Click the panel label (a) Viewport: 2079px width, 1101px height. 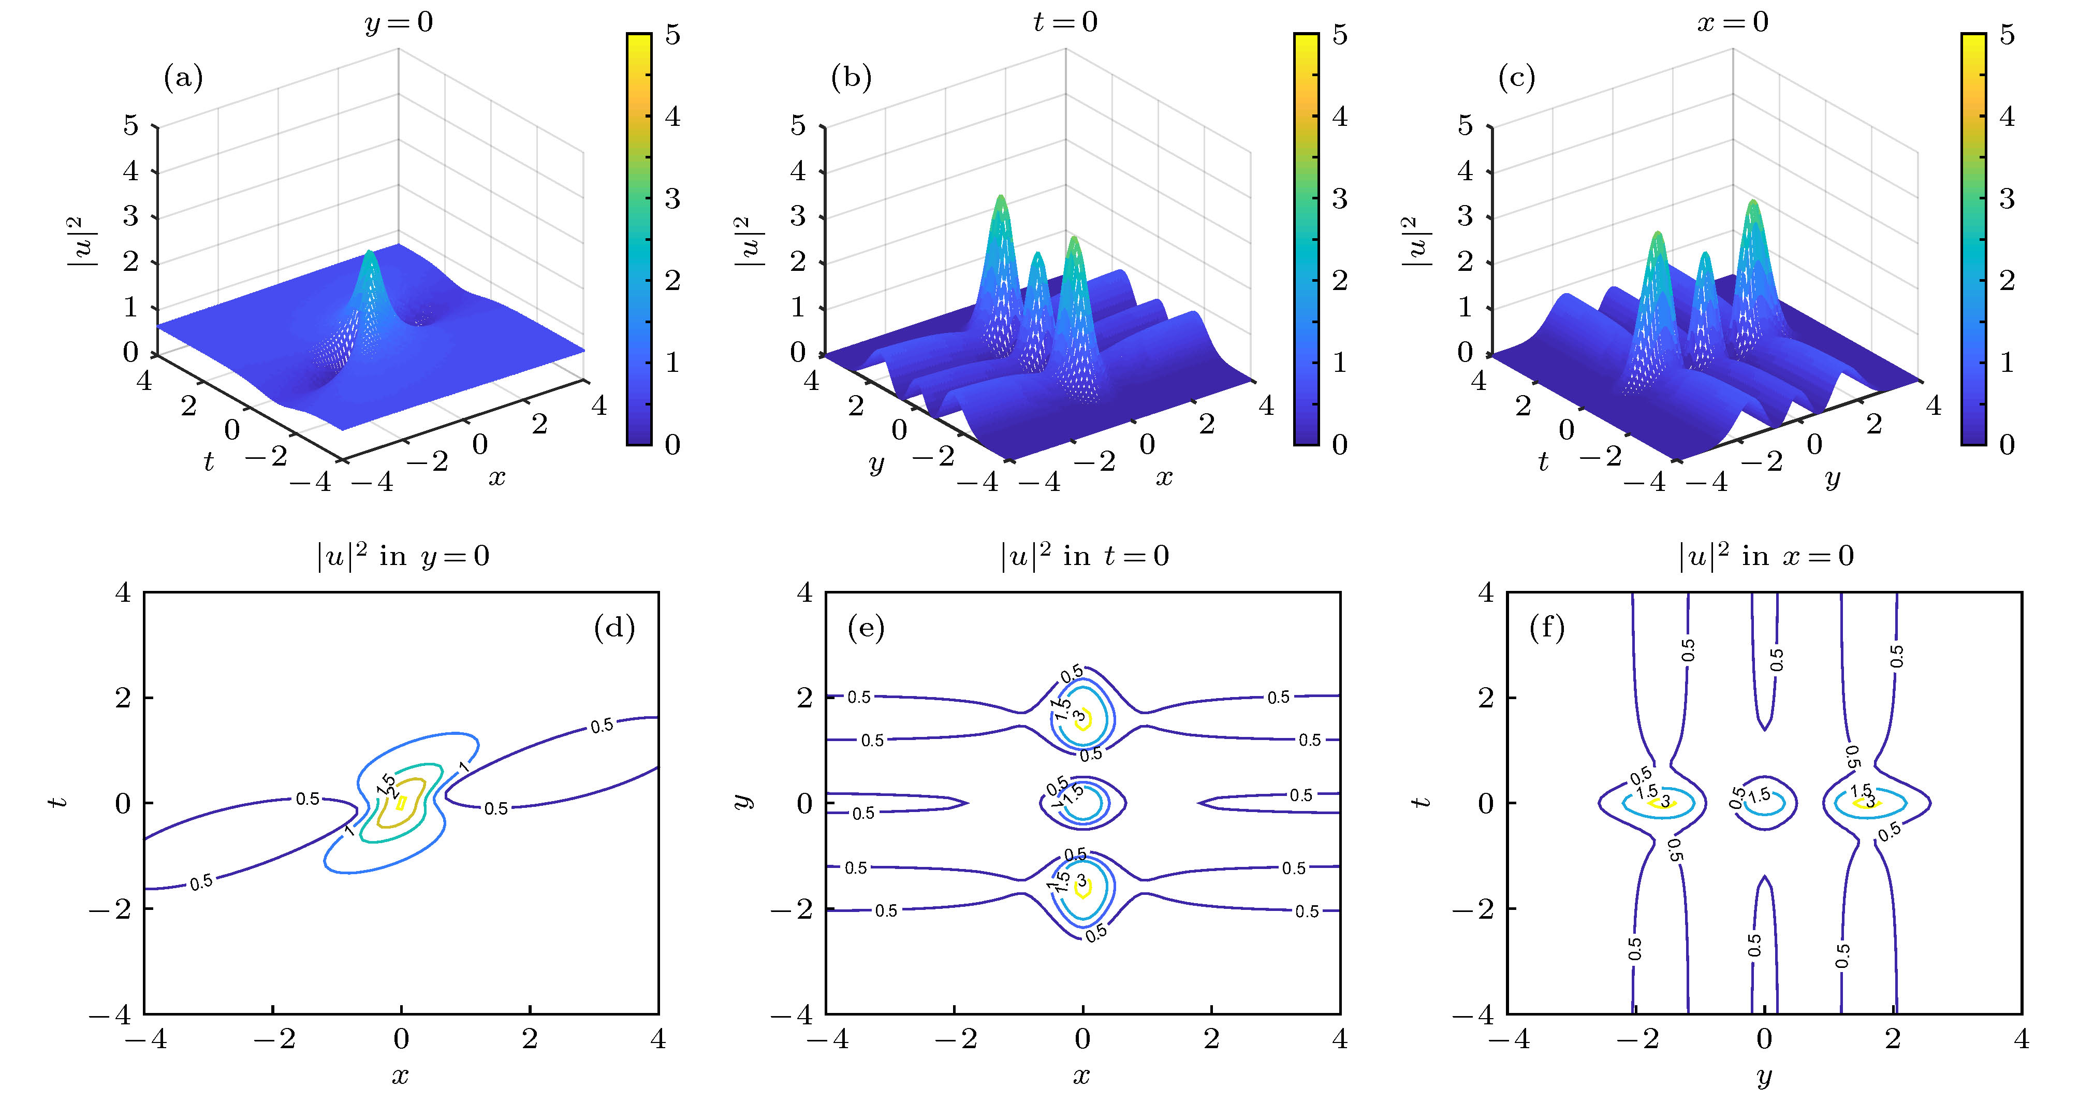(183, 78)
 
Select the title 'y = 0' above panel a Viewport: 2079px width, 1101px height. (399, 22)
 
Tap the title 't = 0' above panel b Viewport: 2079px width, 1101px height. (1065, 22)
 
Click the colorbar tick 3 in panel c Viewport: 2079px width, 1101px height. (2007, 198)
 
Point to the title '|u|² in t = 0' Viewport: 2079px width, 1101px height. (1083, 556)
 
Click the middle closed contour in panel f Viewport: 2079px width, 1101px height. (1765, 803)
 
